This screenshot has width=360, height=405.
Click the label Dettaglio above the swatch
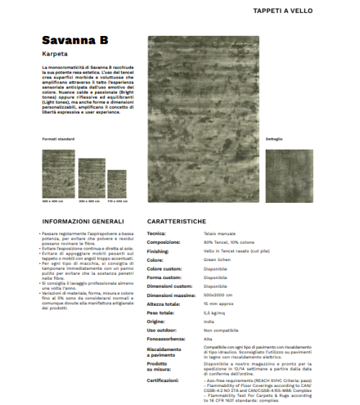(x=274, y=138)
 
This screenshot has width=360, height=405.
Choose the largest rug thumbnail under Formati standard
(x=58, y=173)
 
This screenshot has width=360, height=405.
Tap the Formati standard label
(x=58, y=138)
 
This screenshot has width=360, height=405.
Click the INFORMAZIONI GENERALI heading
(x=83, y=221)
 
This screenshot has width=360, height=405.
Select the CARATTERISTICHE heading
(x=176, y=221)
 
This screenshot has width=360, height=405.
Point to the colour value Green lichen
(x=216, y=260)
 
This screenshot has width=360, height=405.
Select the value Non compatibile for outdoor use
(x=219, y=329)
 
